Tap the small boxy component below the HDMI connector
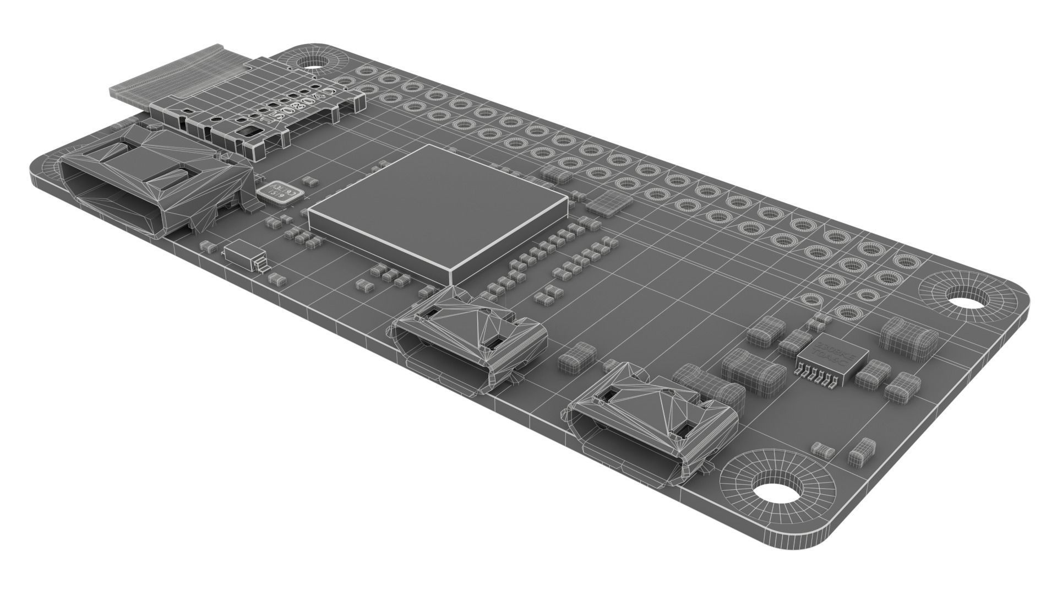[x=242, y=253]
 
